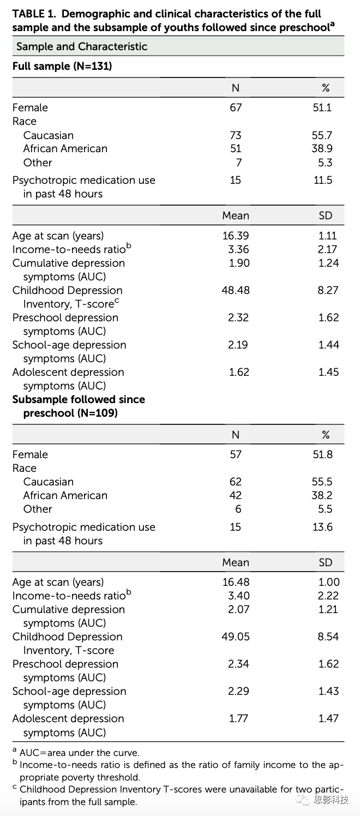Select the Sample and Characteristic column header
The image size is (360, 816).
[82, 46]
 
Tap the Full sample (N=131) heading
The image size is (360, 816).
[62, 66]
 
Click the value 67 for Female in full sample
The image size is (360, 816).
[236, 107]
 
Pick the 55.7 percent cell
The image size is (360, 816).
[322, 135]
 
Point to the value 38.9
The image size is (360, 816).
[322, 148]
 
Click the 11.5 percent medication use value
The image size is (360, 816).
[323, 180]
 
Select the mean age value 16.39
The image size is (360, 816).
[236, 236]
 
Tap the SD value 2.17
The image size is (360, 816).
[328, 249]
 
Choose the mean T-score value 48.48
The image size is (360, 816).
[236, 290]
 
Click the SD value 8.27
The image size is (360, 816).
[328, 290]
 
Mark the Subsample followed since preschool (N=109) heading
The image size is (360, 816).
[79, 406]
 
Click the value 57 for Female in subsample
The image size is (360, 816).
[236, 454]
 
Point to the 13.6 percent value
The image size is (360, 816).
[322, 527]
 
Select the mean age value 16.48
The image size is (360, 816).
[236, 582]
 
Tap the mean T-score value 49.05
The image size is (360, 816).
[236, 637]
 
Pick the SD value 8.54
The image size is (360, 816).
[328, 637]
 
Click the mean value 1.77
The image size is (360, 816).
[239, 718]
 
